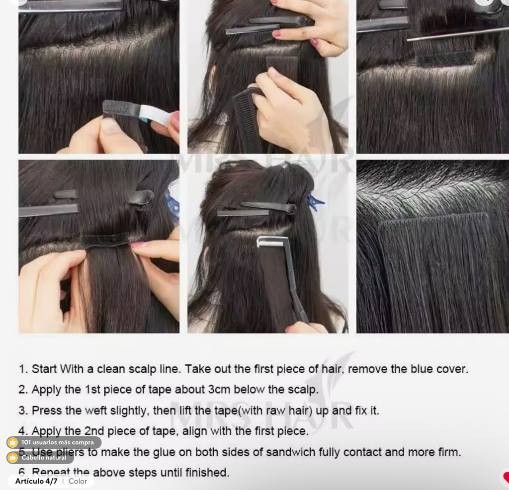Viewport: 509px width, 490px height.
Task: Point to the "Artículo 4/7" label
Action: click(36, 481)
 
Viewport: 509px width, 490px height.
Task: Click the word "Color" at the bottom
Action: click(78, 481)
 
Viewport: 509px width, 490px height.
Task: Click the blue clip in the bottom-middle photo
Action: click(315, 202)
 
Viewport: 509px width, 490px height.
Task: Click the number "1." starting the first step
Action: click(23, 369)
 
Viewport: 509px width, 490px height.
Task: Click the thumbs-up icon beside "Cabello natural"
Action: click(12, 457)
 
